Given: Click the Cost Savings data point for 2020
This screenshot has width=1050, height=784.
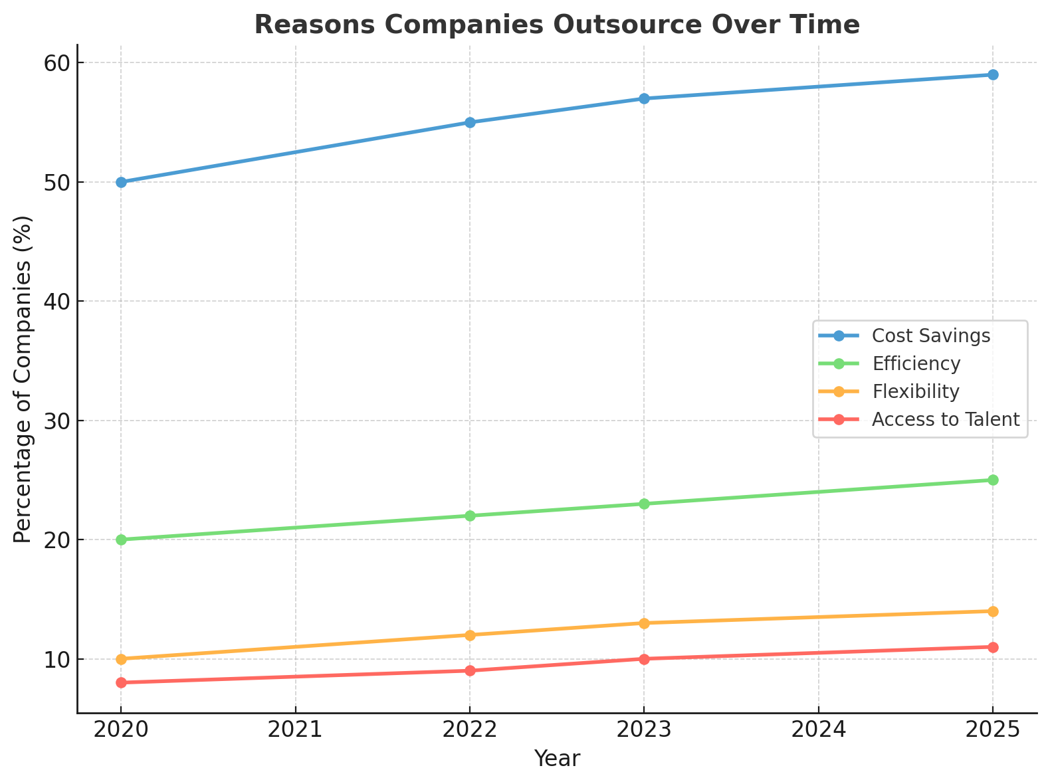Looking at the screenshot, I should click(121, 182).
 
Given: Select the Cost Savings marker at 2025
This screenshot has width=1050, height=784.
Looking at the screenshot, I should click(993, 74).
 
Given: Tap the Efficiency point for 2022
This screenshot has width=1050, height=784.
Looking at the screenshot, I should click(470, 516).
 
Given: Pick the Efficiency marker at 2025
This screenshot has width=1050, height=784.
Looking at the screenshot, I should click(993, 480).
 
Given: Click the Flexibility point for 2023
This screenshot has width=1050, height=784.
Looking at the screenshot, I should click(644, 623).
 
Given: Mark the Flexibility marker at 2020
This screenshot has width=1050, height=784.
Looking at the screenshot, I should click(121, 659).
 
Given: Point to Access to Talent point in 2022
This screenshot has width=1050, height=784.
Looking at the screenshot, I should click(470, 671).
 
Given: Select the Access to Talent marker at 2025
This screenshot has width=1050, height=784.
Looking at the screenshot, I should click(993, 647).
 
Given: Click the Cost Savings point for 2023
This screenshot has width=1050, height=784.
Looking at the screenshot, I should click(644, 98).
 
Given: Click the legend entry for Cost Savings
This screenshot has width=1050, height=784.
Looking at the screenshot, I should click(930, 336).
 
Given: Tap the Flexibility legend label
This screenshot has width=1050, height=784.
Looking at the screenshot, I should click(915, 392).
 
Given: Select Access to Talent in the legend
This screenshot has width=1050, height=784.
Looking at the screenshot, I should click(945, 420).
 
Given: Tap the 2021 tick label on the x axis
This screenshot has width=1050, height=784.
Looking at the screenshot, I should click(295, 730).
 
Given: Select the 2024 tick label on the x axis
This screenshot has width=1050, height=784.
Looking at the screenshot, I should click(818, 730).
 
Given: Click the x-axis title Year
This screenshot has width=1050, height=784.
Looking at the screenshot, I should click(557, 759).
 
